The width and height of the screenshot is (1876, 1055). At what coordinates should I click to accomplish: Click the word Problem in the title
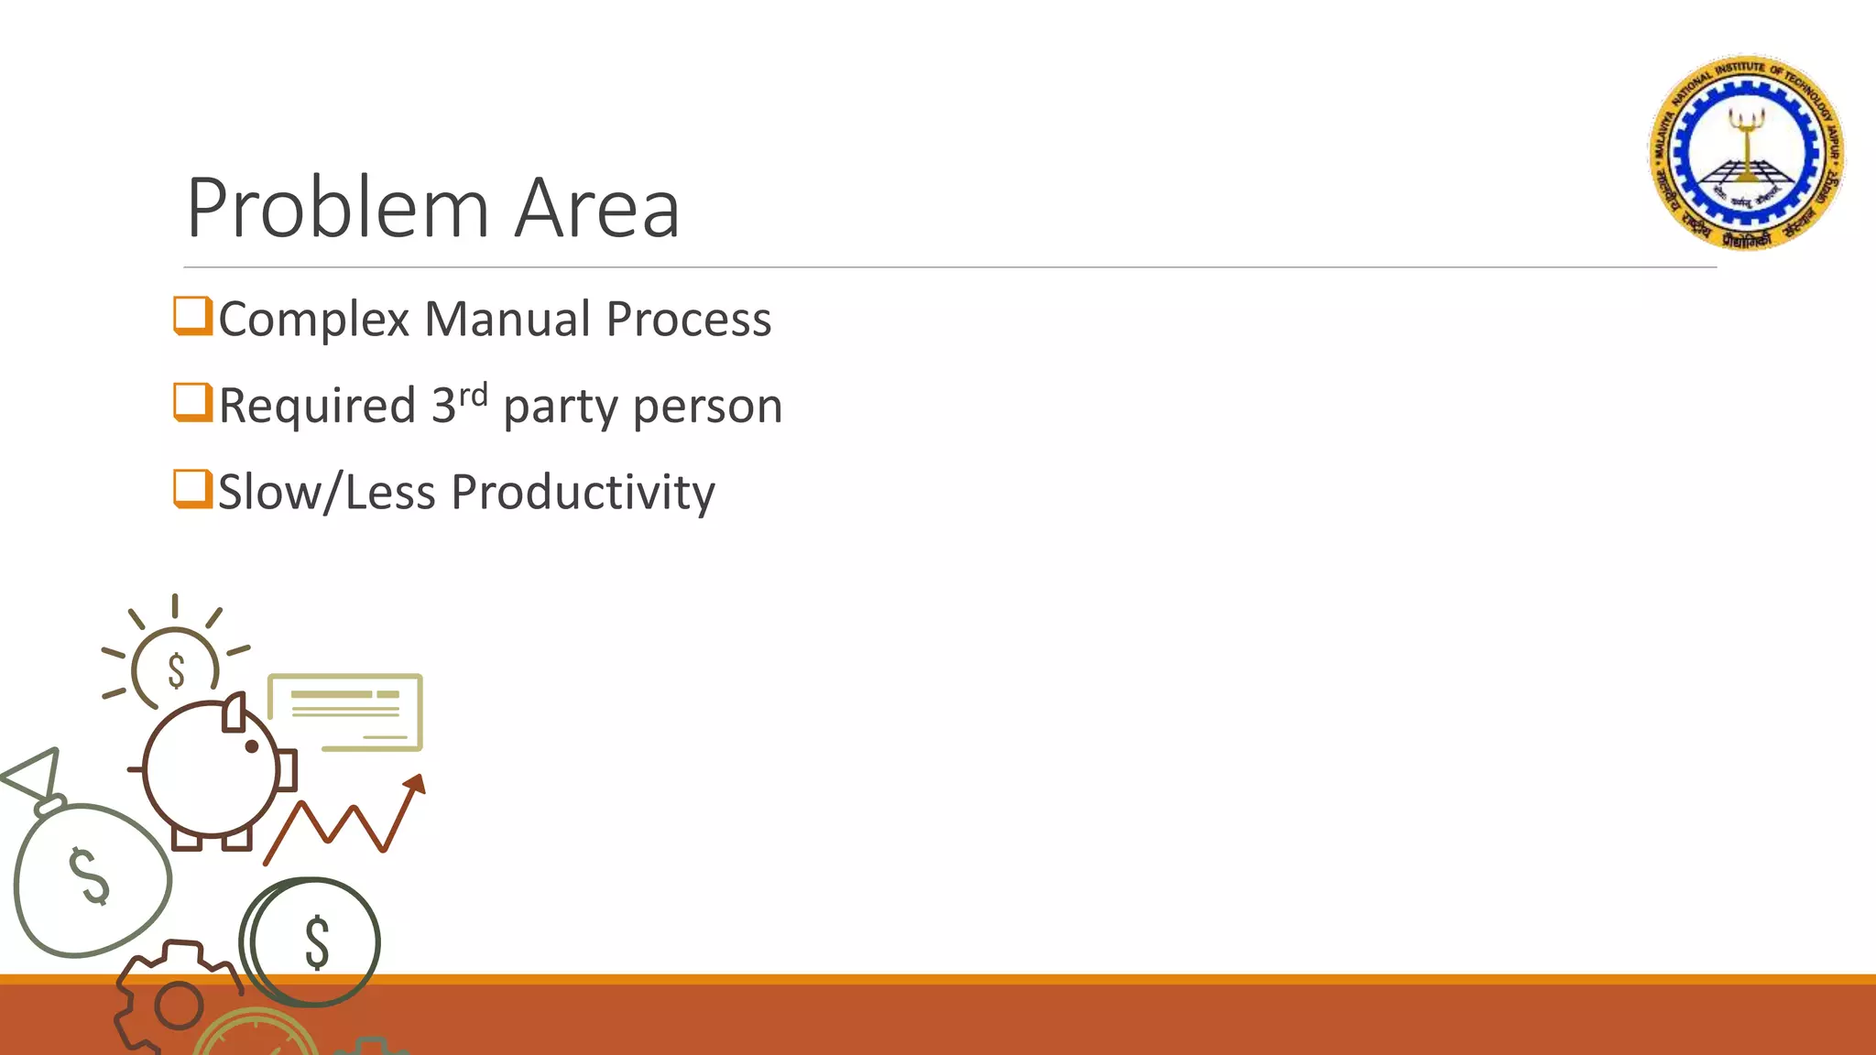pyautogui.click(x=337, y=209)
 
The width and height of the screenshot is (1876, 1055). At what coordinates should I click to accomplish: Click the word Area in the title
pyautogui.click(x=596, y=209)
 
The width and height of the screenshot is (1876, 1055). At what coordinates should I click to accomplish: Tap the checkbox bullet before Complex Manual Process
pyautogui.click(x=192, y=316)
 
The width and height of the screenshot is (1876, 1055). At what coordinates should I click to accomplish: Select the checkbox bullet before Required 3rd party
pyautogui.click(x=192, y=403)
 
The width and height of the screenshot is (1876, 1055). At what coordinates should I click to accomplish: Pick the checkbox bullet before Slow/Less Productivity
pyautogui.click(x=192, y=489)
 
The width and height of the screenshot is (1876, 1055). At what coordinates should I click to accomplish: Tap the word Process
pyautogui.click(x=689, y=320)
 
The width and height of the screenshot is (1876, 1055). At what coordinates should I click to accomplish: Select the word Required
pyautogui.click(x=317, y=406)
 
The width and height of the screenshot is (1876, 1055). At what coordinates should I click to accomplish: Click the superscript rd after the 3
pyautogui.click(x=473, y=395)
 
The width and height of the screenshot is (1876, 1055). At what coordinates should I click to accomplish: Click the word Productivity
pyautogui.click(x=583, y=493)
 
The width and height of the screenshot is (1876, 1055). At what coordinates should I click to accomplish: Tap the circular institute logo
pyautogui.click(x=1747, y=152)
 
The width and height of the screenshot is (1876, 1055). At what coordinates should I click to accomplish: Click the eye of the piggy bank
pyautogui.click(x=252, y=746)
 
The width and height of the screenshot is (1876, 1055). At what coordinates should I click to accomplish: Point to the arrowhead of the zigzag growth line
pyautogui.click(x=416, y=784)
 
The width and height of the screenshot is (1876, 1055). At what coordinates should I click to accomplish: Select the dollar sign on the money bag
pyautogui.click(x=90, y=876)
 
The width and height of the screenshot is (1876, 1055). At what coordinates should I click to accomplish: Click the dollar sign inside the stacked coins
pyautogui.click(x=317, y=942)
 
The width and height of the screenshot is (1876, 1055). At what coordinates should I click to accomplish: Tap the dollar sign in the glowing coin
pyautogui.click(x=176, y=670)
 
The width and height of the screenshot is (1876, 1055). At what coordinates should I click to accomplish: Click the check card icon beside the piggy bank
pyautogui.click(x=345, y=712)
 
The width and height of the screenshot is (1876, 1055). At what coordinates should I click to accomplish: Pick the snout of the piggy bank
pyautogui.click(x=287, y=770)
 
